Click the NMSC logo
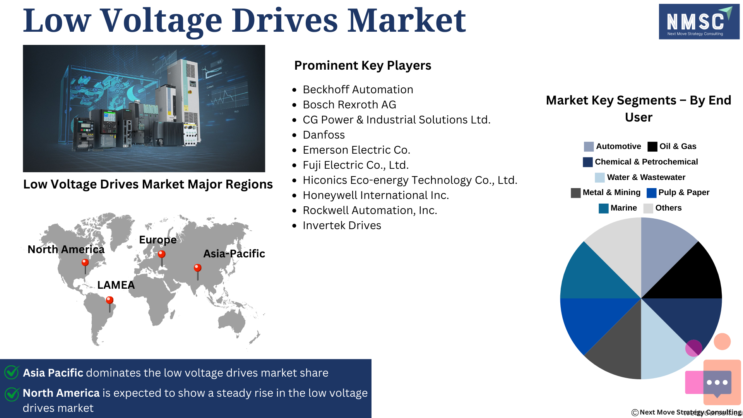pos(699,22)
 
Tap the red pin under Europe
pos(162,258)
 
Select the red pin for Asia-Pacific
pos(198,272)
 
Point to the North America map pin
pos(85,266)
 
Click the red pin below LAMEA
pos(110,304)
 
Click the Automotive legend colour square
pos(589,147)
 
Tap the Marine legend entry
pos(618,208)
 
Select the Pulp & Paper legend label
pos(684,192)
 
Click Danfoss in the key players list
pos(324,135)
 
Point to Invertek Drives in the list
pos(342,225)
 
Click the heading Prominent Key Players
pos(363,65)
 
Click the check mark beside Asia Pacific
pos(12,372)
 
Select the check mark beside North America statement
pos(12,394)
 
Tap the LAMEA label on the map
pos(116,285)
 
